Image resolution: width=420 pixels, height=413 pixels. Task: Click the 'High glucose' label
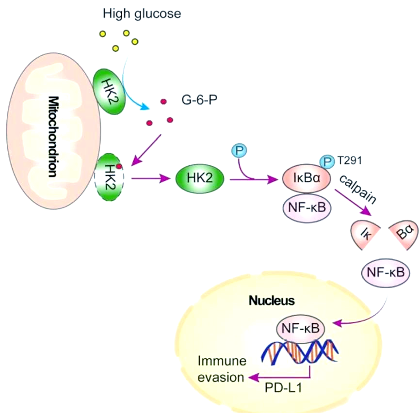click(x=142, y=14)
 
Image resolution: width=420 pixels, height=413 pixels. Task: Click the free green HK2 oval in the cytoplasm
click(x=200, y=179)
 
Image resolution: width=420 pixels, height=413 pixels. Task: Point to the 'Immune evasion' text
click(x=220, y=369)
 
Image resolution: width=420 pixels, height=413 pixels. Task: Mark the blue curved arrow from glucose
click(x=133, y=87)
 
